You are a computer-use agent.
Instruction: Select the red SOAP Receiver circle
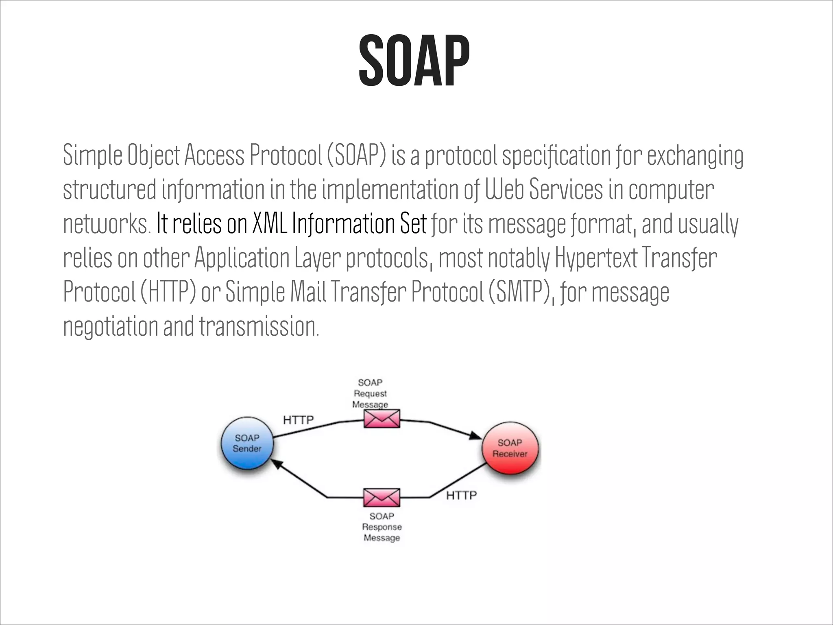(x=510, y=448)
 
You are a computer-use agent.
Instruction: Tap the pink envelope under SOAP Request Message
(x=382, y=419)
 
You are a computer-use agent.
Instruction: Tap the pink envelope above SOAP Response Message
(x=382, y=497)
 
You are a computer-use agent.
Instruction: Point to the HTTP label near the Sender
(x=298, y=420)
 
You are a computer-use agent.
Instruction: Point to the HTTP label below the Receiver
(x=461, y=495)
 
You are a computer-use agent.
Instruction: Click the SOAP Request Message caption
(x=370, y=393)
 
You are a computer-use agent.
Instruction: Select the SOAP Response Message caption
(x=382, y=527)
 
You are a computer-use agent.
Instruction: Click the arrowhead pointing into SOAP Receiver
(x=475, y=435)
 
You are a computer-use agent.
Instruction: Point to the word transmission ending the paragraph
(x=258, y=326)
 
